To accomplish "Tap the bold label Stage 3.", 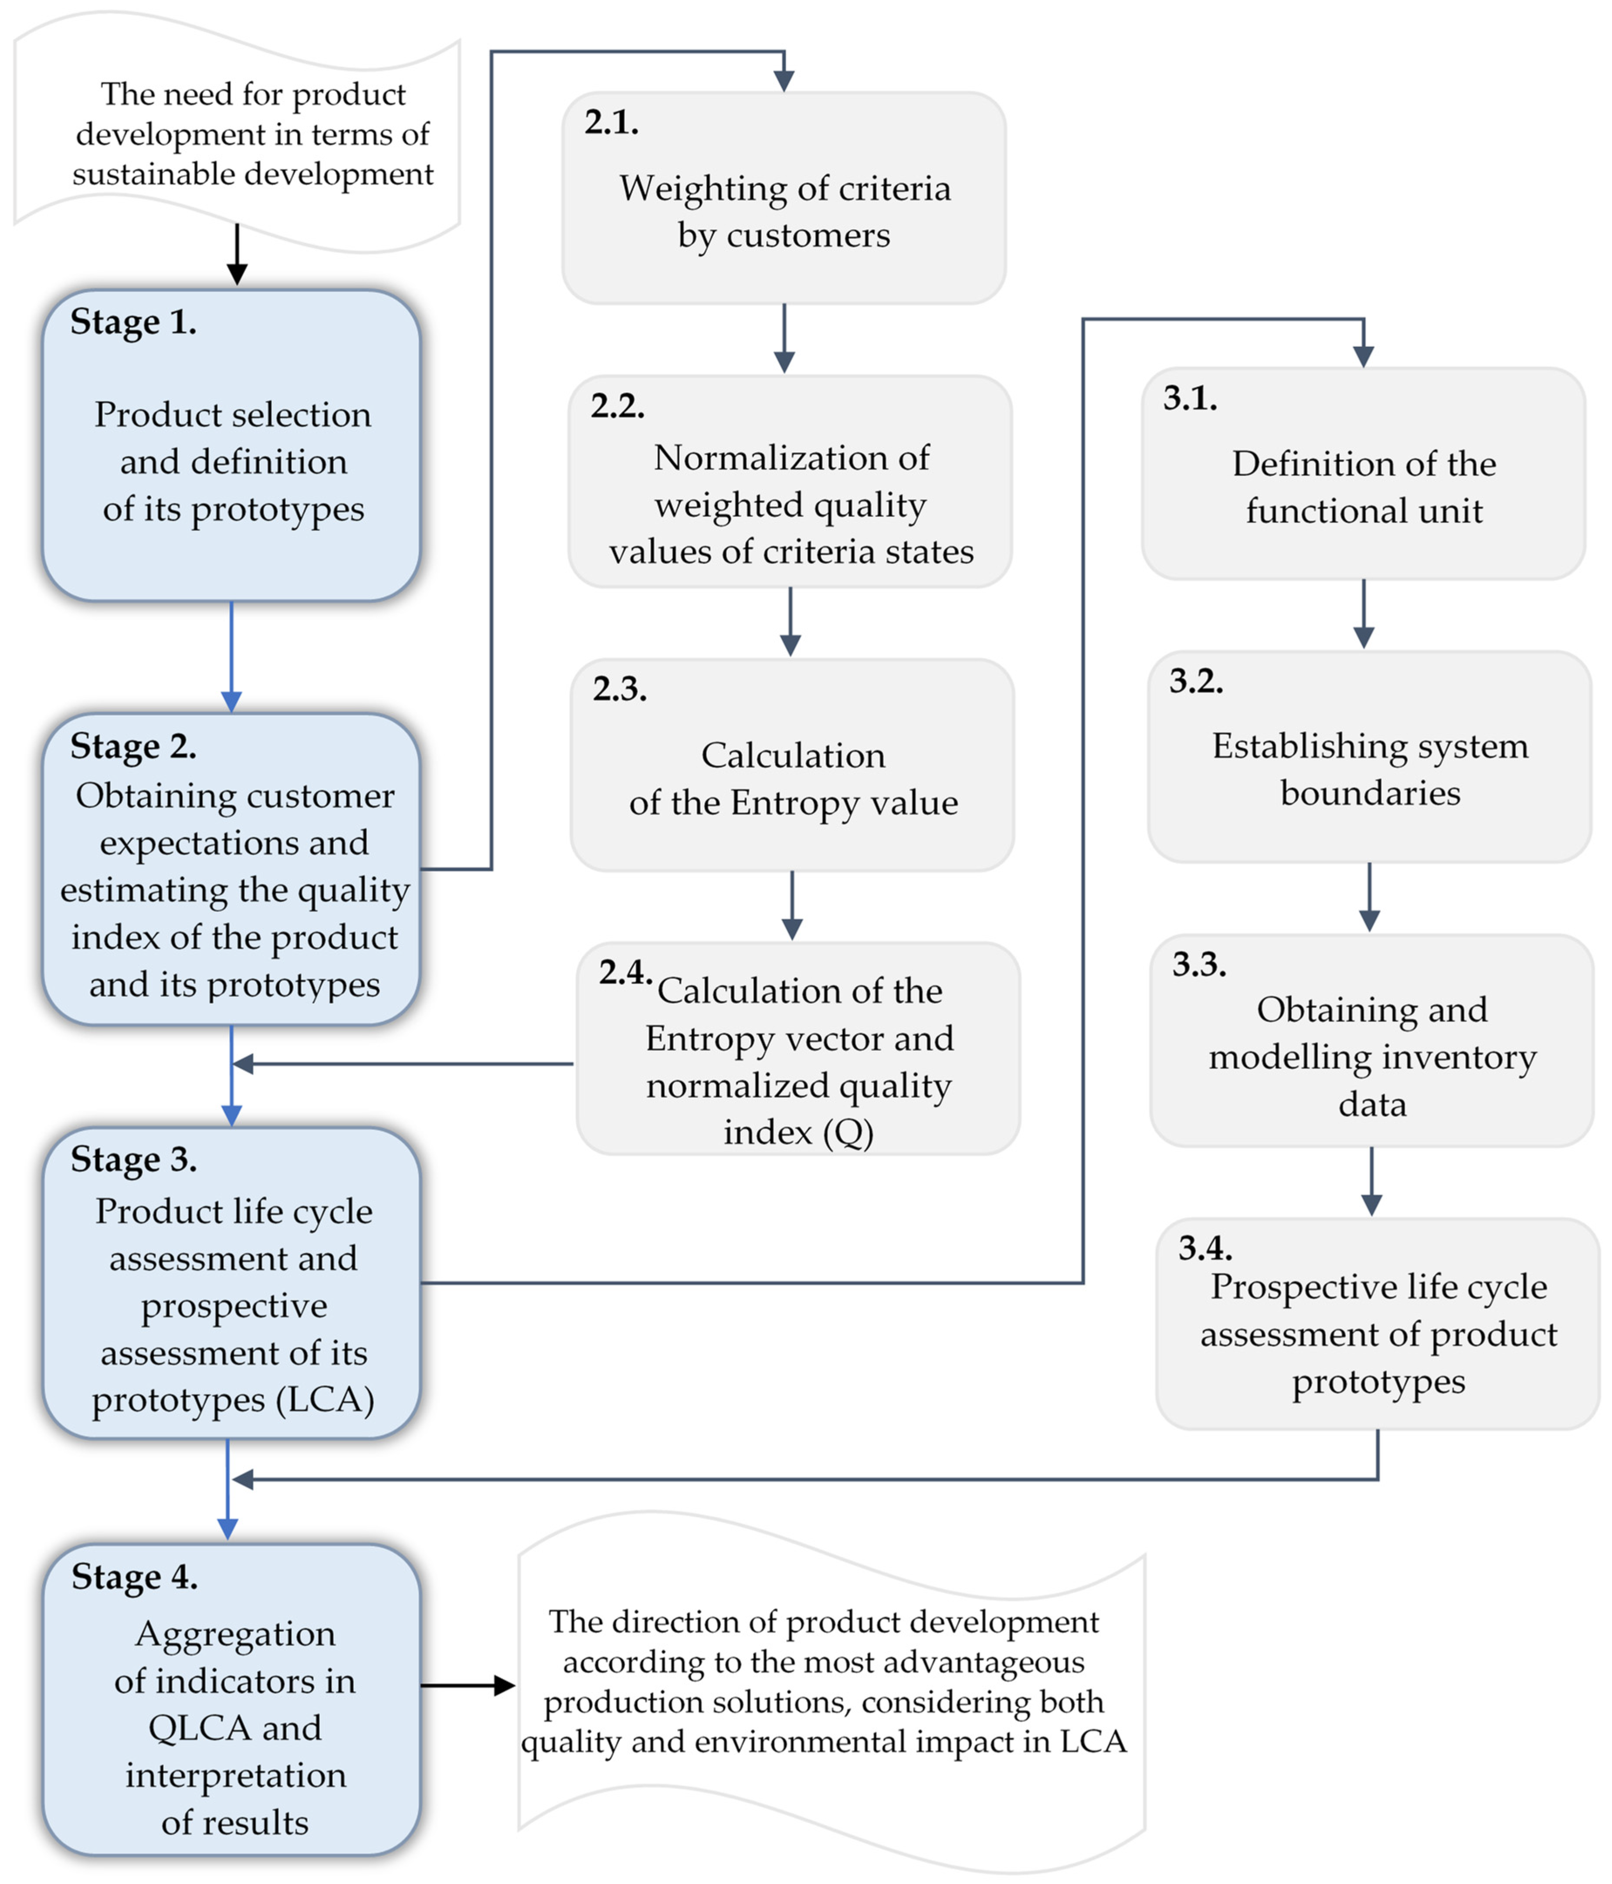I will (x=134, y=1159).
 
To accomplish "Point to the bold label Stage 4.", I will (x=135, y=1577).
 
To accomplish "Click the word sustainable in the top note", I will (x=155, y=174).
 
